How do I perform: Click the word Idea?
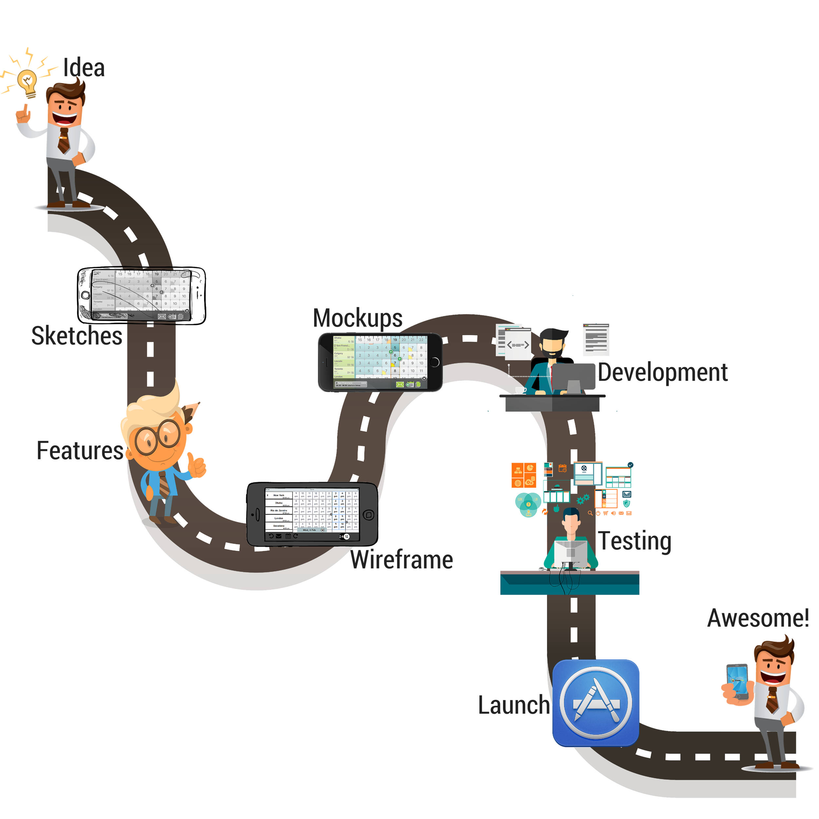84,68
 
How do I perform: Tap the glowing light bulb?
28,82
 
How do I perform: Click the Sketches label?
77,336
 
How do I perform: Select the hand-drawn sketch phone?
141,295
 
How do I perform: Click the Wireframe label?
401,560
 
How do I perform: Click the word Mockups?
358,318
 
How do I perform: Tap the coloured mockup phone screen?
380,362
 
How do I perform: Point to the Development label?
663,372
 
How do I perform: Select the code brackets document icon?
518,345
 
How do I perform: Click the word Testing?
635,541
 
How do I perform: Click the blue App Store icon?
596,702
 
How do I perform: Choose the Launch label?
514,705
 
